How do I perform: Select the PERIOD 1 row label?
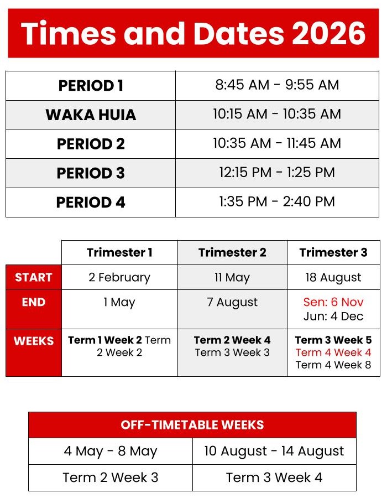(91, 86)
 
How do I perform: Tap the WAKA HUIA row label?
(91, 115)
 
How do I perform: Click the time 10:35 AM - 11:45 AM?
(277, 143)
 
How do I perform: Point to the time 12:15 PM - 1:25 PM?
(277, 173)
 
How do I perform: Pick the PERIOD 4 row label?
(91, 202)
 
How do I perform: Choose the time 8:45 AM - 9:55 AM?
(277, 85)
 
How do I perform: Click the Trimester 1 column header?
(119, 252)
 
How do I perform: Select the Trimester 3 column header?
(333, 252)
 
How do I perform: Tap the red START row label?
(34, 277)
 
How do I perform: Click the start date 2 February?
(119, 277)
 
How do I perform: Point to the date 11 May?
(232, 277)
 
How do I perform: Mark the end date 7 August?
(232, 303)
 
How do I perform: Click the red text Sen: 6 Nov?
(333, 303)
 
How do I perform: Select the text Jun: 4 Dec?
(333, 317)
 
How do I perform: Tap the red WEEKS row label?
(34, 341)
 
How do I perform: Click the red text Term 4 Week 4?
(333, 352)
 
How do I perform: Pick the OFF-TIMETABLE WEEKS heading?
(192, 425)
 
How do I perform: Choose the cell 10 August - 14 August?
(274, 452)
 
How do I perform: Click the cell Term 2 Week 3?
(111, 478)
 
